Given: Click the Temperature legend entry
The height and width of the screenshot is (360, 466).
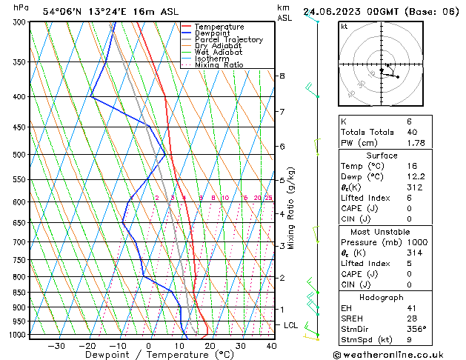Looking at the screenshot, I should coord(220,27).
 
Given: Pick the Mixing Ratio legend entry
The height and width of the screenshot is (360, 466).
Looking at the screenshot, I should coord(219,65).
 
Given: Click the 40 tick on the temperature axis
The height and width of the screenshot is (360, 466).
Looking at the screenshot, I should coord(271,346).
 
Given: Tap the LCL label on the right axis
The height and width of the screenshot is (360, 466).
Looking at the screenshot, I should coord(291,325).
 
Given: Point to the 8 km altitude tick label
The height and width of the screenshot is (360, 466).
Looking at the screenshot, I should coord(282,76).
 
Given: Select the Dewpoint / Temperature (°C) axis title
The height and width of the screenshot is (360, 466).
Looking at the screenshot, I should coord(149,355).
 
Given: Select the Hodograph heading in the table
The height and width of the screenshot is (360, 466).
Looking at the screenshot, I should coord(382,296).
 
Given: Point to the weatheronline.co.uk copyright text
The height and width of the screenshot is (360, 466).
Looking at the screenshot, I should coord(397,354).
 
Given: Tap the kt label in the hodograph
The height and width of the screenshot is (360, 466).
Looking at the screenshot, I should coord(344,27).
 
